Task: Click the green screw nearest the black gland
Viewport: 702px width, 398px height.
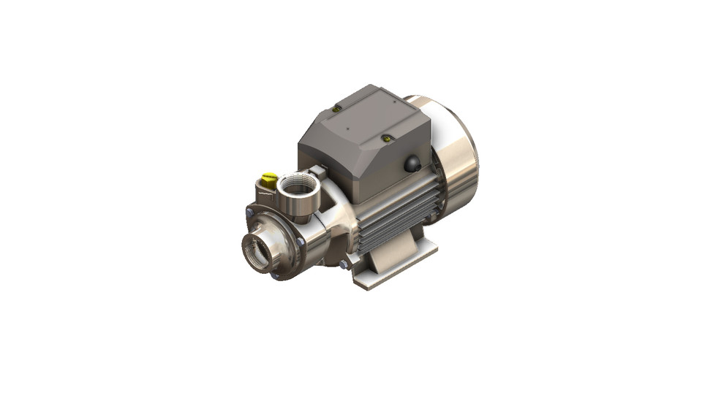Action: coord(388,137)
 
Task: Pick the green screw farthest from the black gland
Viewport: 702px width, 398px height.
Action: coord(336,109)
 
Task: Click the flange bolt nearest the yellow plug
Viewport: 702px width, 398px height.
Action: coord(249,212)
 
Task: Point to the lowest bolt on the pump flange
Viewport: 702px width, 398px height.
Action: coord(275,276)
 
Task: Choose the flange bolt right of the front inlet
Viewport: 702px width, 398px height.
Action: coord(301,242)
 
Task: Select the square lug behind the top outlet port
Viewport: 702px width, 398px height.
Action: coord(316,172)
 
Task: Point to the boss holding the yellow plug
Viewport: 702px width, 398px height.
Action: coord(263,194)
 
